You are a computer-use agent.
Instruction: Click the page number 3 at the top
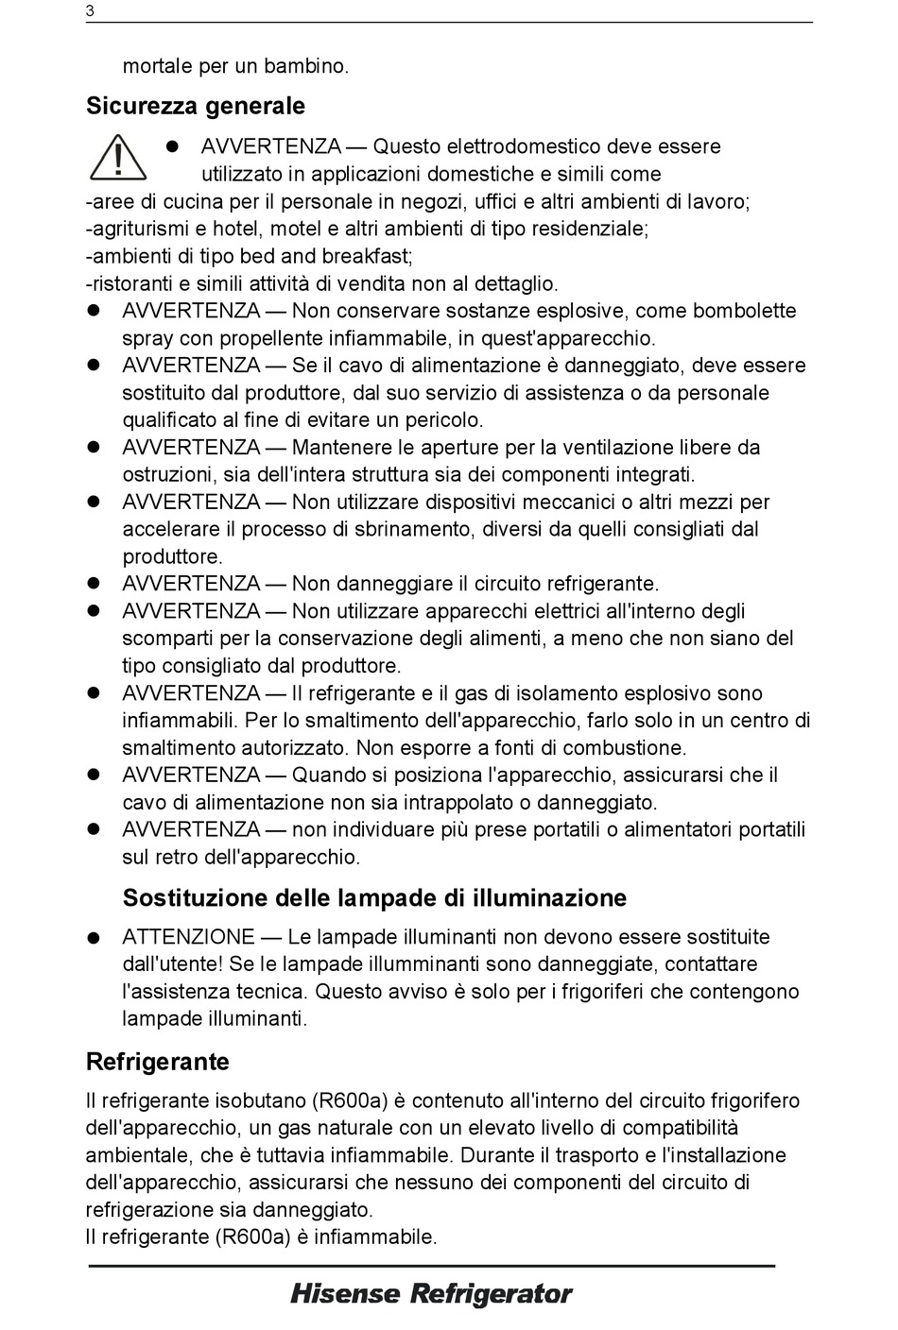[90, 11]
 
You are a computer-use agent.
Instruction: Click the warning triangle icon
[118, 158]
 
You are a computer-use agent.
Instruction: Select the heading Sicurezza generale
[196, 106]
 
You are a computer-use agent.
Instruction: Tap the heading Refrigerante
[157, 1062]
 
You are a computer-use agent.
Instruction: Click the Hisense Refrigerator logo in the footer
[431, 1294]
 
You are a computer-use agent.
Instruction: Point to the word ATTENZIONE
[188, 937]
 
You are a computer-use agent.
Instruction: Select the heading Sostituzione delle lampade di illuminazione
[374, 897]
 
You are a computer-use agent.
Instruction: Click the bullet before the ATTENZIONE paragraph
[94, 938]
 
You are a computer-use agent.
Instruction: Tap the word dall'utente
[173, 964]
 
